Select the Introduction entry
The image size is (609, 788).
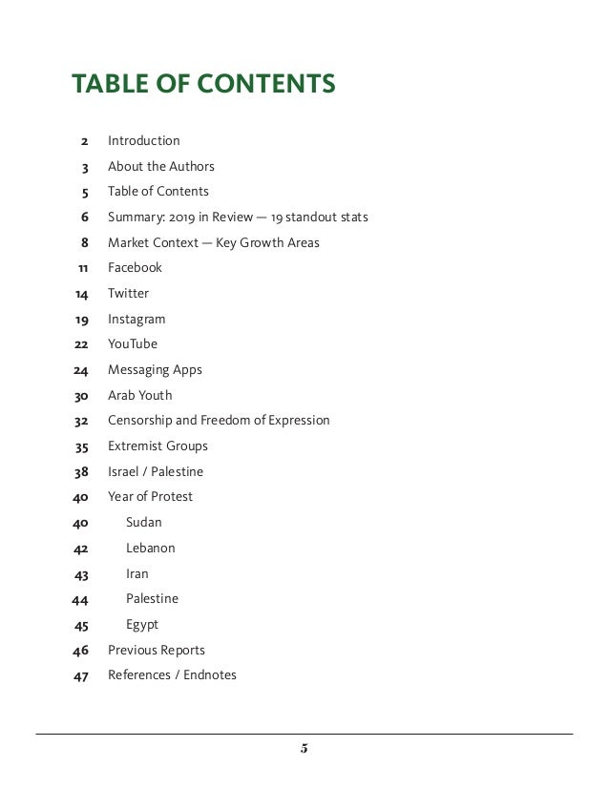tap(143, 141)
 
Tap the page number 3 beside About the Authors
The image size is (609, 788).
tap(85, 167)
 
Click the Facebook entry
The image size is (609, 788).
tap(135, 268)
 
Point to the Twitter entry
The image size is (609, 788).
tap(128, 294)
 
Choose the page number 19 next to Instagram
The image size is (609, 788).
tap(82, 320)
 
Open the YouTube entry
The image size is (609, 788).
tap(133, 344)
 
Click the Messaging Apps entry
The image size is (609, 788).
tap(155, 370)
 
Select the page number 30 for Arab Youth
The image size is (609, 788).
tap(81, 396)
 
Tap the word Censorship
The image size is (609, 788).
tap(141, 421)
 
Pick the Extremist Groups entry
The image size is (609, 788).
tap(157, 446)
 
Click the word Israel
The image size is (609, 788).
tap(124, 472)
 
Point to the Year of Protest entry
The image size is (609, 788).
tap(150, 497)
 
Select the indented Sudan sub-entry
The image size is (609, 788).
tap(144, 523)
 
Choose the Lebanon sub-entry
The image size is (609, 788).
tap(151, 549)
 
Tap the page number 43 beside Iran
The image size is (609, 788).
tap(81, 574)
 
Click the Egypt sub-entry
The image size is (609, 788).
tap(142, 625)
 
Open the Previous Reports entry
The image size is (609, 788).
tap(157, 651)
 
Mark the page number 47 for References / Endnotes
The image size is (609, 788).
tap(81, 676)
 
